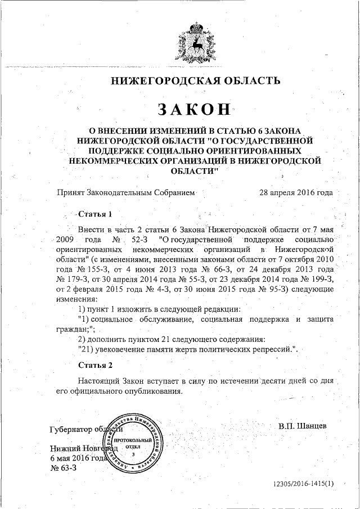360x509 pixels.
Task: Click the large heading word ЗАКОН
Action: (195, 108)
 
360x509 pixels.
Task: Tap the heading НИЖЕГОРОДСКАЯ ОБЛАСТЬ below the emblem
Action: (195, 80)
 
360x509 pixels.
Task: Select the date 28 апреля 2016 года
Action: (295, 192)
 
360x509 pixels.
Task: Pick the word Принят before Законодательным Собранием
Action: (70, 192)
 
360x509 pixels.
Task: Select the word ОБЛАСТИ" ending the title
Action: (195, 170)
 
